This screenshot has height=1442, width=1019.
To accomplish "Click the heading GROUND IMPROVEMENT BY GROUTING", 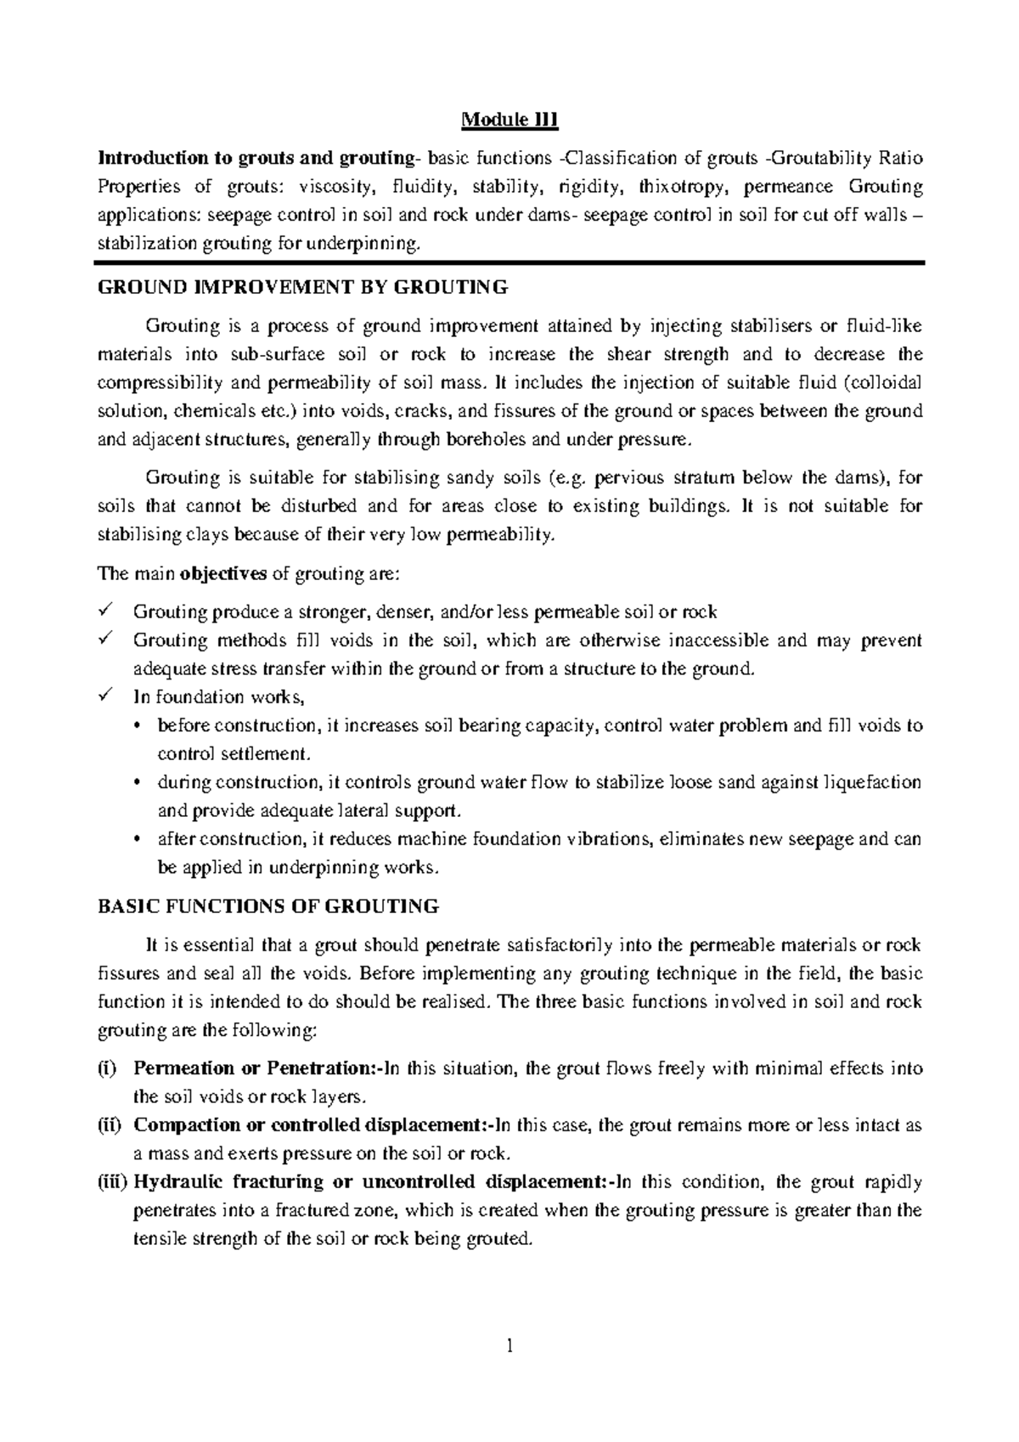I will coord(303,287).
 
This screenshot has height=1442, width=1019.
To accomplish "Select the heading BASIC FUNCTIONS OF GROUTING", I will coord(268,906).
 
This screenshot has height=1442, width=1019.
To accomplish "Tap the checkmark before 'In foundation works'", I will coord(106,696).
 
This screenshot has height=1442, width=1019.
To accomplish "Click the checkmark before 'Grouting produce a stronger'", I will coord(106,611).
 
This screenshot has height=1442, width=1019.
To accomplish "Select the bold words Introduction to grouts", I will coord(196,158).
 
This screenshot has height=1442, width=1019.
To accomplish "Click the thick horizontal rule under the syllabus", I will coord(509,263).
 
